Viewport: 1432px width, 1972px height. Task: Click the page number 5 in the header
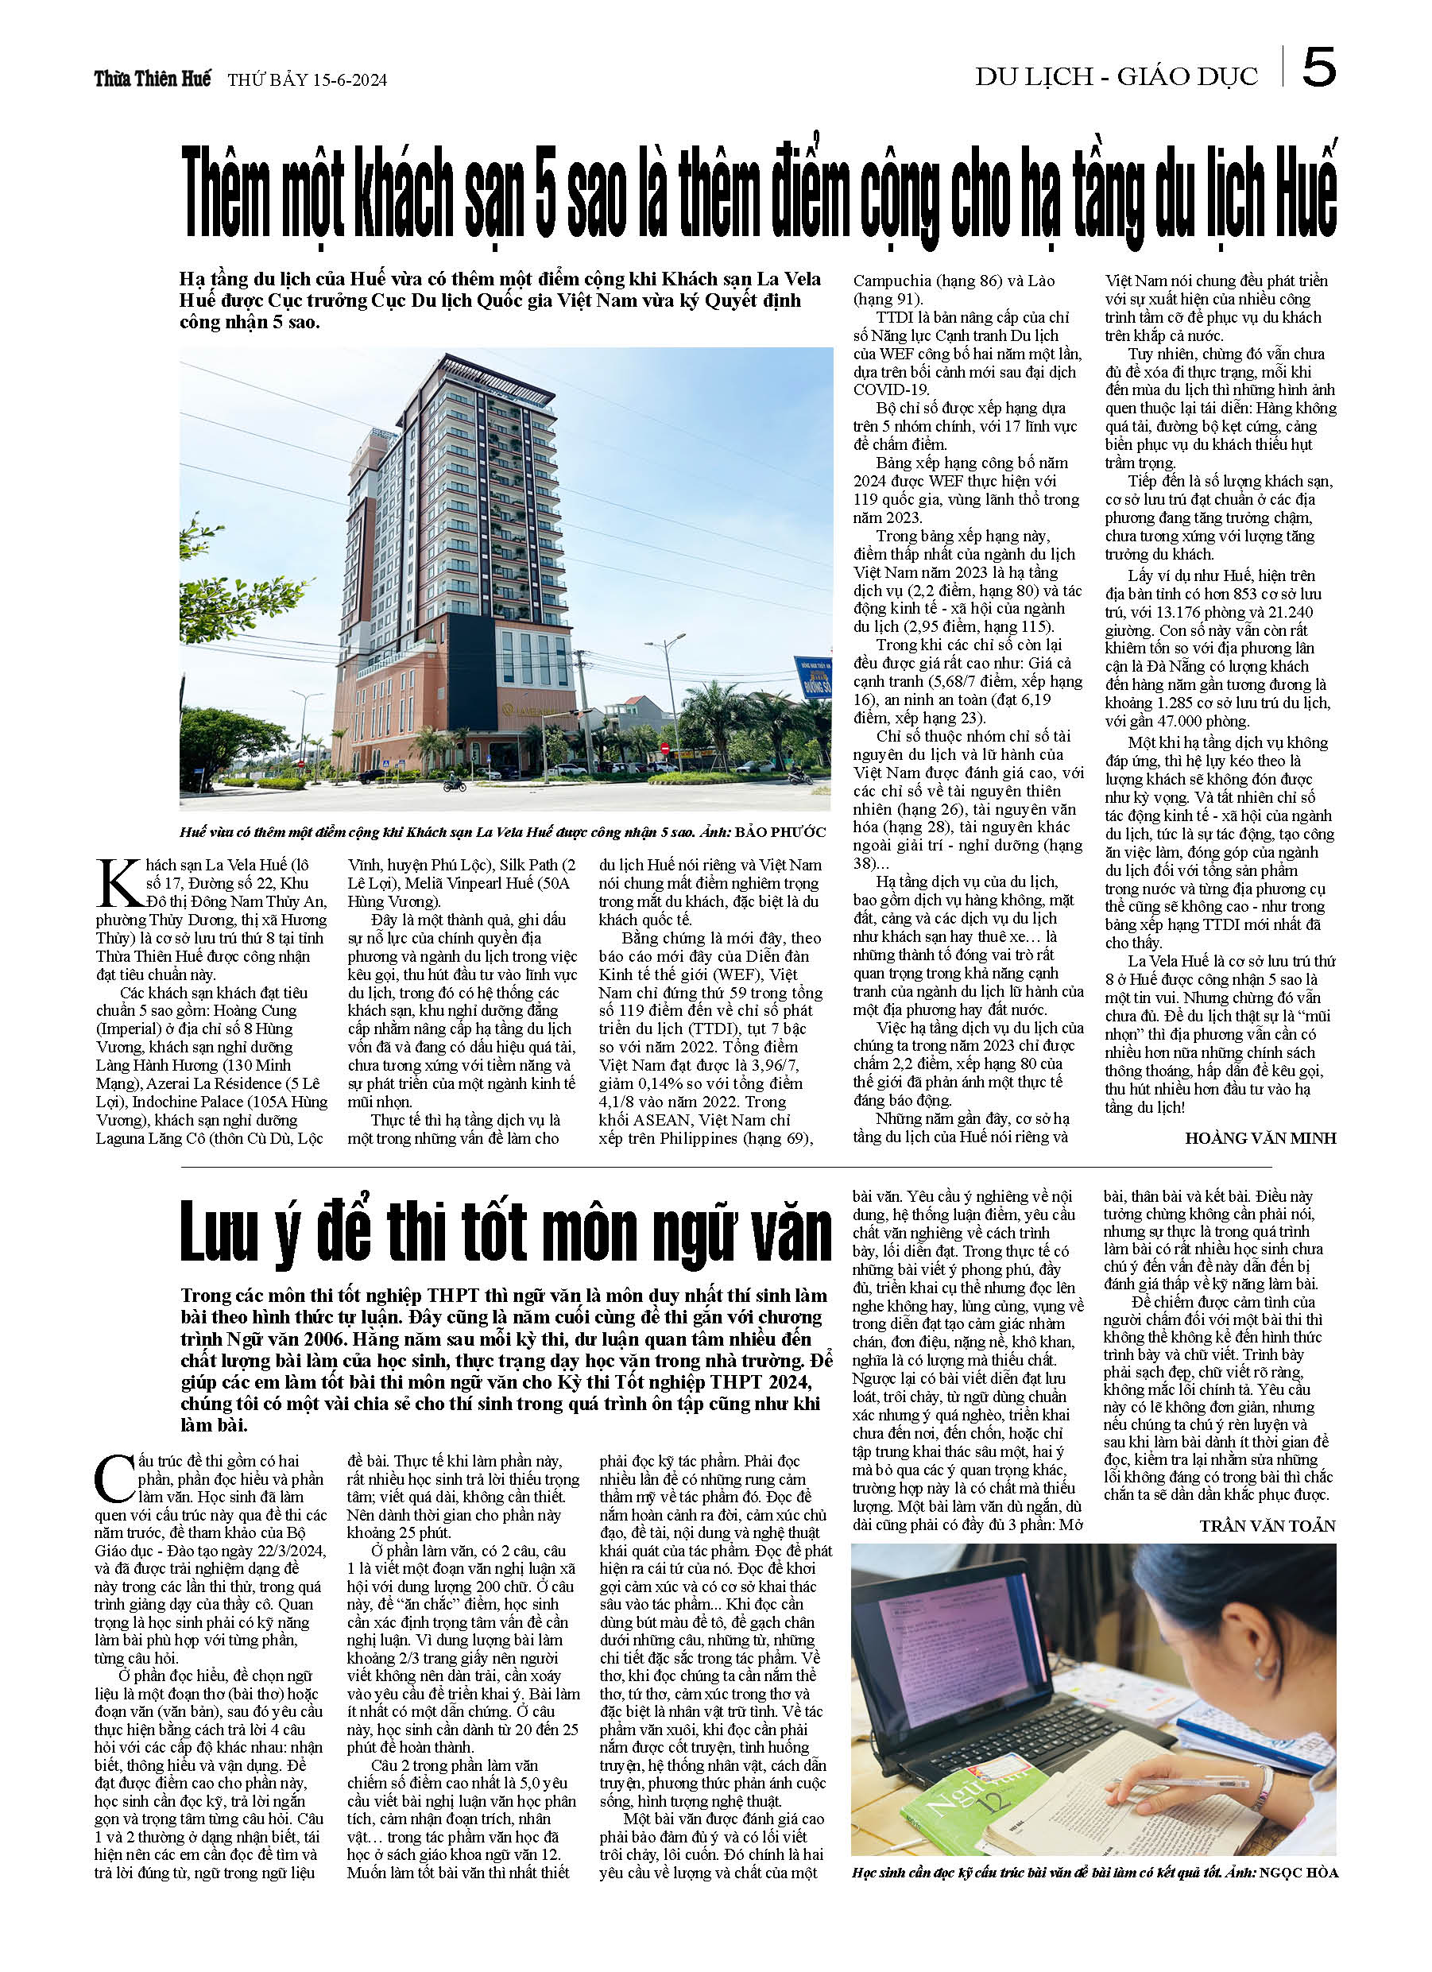[x=1318, y=67]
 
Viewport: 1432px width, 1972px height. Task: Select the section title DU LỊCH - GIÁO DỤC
[x=1116, y=77]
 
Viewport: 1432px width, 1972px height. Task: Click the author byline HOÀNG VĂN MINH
[x=1260, y=1138]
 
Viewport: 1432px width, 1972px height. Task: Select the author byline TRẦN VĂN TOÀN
[x=1267, y=1525]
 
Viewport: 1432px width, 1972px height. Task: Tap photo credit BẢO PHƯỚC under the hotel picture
[x=779, y=832]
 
